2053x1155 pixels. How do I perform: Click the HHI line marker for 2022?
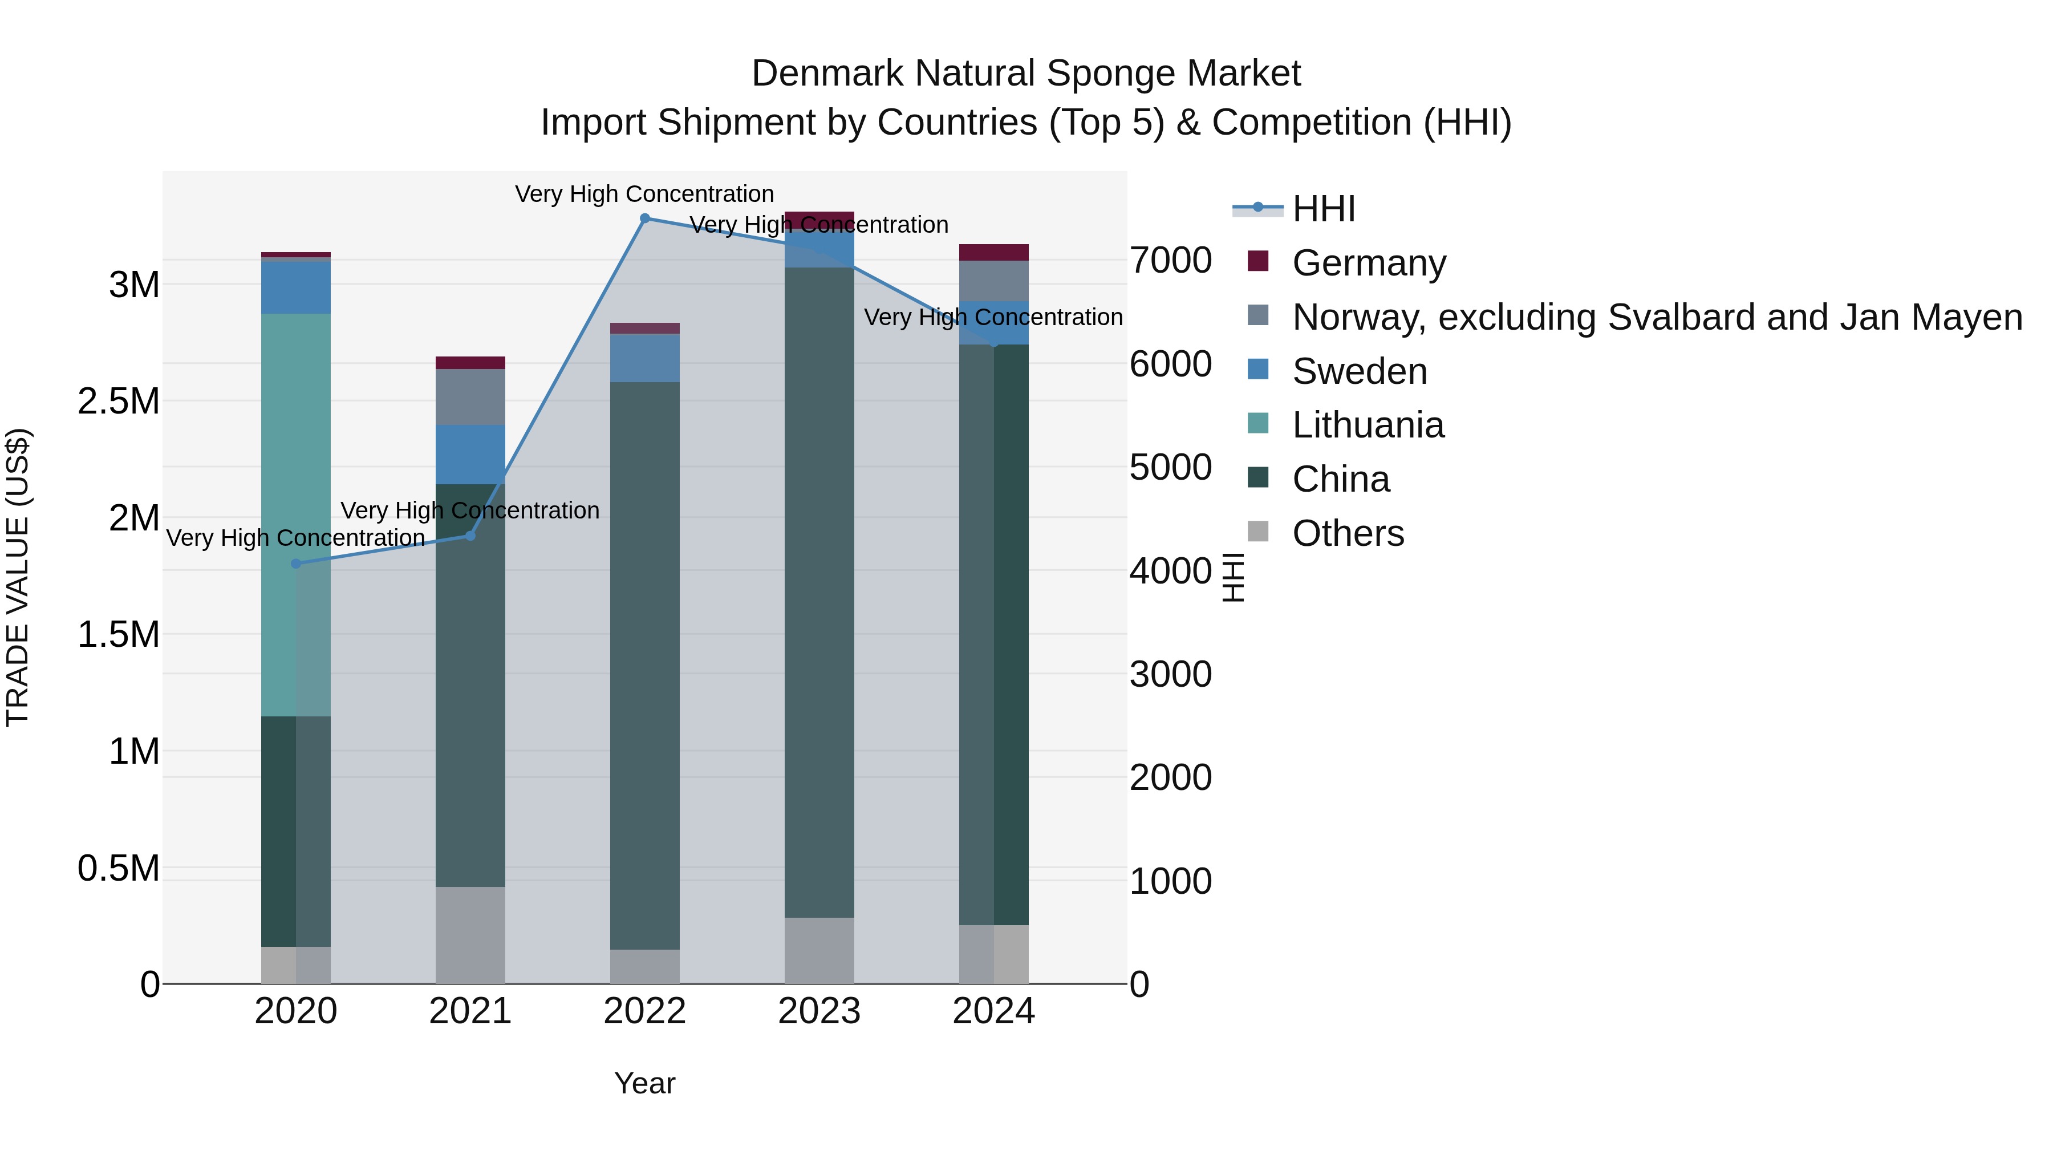645,218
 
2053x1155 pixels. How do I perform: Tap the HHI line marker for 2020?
295,564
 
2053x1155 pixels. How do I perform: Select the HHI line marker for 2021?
470,536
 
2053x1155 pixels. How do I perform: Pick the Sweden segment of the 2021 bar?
470,455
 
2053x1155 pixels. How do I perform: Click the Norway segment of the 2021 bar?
470,396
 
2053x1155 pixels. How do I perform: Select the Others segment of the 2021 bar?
470,934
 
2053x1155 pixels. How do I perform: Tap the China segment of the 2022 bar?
645,665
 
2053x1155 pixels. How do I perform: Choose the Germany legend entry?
1369,263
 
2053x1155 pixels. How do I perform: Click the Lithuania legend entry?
1368,425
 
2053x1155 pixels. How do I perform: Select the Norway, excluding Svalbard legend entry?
1656,317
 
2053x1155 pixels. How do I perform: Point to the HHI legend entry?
1323,209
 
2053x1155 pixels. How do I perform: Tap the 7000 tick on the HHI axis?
1170,261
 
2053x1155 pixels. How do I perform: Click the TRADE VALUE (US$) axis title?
18,577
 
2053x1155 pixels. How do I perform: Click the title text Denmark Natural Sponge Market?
1026,74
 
